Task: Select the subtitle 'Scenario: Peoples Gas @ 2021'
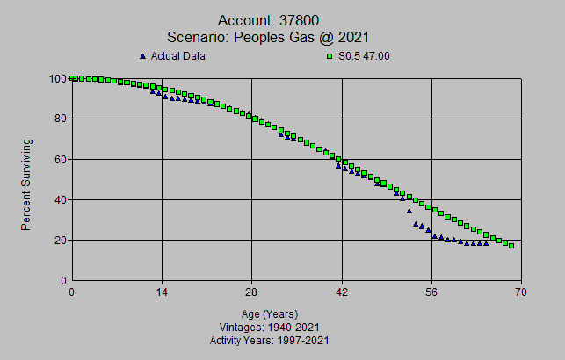click(x=269, y=37)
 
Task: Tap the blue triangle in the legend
click(x=142, y=57)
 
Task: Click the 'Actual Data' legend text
click(x=178, y=57)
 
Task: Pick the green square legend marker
click(x=329, y=57)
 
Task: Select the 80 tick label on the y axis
click(x=59, y=119)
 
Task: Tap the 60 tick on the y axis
click(x=59, y=160)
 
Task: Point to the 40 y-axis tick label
click(x=59, y=200)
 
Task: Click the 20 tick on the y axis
click(x=59, y=241)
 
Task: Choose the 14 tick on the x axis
click(x=162, y=292)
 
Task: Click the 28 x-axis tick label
click(x=251, y=292)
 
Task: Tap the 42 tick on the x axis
click(x=342, y=292)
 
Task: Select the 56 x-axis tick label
click(x=431, y=292)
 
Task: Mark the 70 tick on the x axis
click(x=521, y=292)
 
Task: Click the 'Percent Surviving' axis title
click(x=26, y=184)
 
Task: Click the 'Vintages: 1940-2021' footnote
click(x=269, y=328)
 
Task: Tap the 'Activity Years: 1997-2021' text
click(x=269, y=340)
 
